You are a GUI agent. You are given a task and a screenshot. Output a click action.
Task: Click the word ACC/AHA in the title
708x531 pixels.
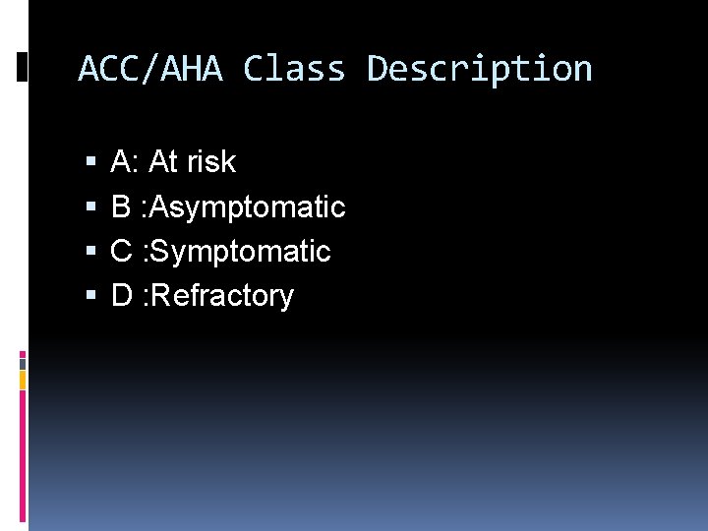tap(150, 70)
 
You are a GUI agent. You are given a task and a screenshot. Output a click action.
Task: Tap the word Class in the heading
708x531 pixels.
tap(294, 70)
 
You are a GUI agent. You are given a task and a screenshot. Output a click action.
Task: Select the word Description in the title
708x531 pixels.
tap(479, 70)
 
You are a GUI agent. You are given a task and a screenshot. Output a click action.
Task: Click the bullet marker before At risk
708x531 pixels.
tap(90, 162)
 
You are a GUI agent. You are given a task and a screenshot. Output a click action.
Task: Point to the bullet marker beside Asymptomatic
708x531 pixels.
tap(90, 207)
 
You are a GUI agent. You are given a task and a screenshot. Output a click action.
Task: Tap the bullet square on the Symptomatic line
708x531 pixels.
tap(90, 252)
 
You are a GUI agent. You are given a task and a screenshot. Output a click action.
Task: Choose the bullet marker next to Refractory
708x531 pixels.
tap(90, 296)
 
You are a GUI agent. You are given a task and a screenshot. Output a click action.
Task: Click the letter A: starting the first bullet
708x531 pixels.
tap(125, 161)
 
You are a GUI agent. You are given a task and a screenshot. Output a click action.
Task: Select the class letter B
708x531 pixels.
tap(121, 206)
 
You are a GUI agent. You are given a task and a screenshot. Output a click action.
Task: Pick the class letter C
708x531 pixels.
tap(122, 251)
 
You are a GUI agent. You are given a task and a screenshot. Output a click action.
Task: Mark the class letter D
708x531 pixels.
tap(122, 295)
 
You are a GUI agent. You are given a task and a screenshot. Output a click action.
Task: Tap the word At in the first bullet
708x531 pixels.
tap(162, 161)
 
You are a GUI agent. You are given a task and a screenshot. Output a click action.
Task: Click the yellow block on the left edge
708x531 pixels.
tap(23, 380)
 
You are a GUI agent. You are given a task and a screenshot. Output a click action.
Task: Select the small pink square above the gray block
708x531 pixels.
tap(23, 352)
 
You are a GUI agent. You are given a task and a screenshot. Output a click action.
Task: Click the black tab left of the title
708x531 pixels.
tap(23, 67)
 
